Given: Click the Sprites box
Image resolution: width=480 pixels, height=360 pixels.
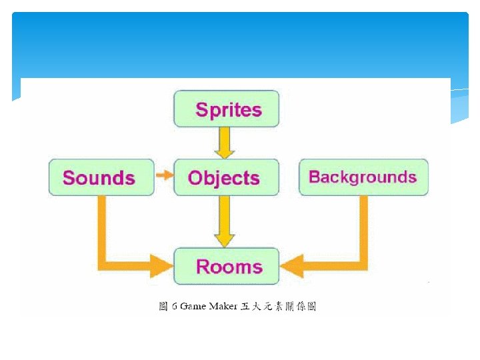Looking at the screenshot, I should tap(226, 109).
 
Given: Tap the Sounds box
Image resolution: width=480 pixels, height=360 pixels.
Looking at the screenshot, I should tap(101, 177).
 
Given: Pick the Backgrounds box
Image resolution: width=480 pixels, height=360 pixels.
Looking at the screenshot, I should tap(363, 177).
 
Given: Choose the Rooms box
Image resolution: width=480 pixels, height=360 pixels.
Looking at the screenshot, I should tap(226, 266).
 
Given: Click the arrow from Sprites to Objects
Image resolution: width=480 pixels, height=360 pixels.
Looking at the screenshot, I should tap(226, 142).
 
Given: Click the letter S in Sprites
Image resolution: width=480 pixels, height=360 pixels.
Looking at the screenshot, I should tap(201, 109).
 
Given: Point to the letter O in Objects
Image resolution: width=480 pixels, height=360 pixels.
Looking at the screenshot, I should tap(195, 178).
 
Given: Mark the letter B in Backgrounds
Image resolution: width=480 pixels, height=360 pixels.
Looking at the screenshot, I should tap(314, 177).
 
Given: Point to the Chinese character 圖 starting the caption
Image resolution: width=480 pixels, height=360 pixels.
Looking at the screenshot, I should tap(163, 307).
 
